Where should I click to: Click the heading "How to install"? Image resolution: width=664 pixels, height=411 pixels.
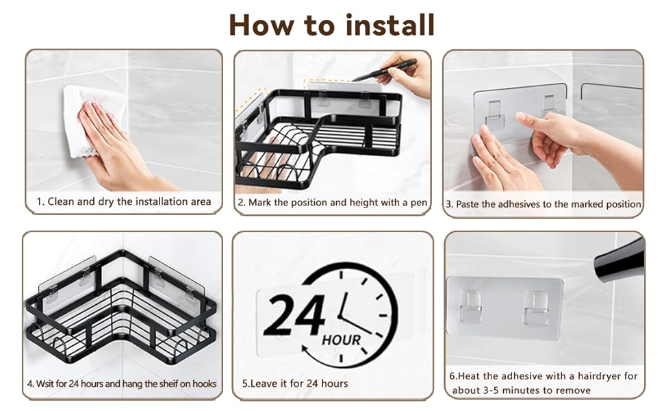tap(331, 25)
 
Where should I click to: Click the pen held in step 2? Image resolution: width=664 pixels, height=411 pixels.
tap(384, 70)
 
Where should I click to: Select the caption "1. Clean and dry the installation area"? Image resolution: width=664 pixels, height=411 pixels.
tap(124, 201)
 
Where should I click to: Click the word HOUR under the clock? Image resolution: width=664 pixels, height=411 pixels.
tap(342, 340)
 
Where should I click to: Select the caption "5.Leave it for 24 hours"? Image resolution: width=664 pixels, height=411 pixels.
tap(295, 384)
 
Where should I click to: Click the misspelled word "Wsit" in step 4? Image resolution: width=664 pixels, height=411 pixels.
tap(45, 384)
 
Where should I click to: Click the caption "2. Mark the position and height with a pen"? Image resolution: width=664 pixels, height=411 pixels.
tap(333, 203)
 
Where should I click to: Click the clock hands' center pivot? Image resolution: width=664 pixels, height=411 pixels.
tap(340, 316)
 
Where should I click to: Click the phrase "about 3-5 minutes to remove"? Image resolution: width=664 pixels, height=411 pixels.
tap(522, 390)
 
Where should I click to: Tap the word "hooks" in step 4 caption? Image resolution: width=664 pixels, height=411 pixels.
tap(204, 384)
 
